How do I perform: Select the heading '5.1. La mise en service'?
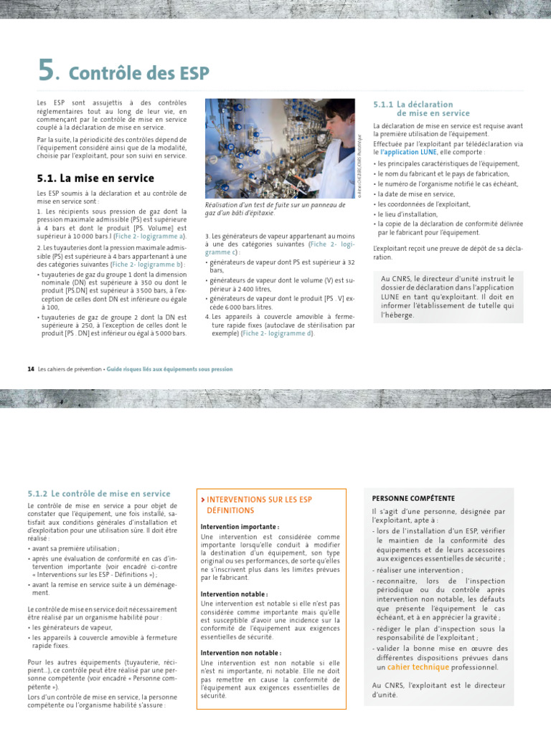(x=95, y=178)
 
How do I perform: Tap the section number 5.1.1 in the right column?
(x=386, y=105)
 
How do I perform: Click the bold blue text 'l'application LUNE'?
(x=408, y=153)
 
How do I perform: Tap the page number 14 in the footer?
(x=31, y=369)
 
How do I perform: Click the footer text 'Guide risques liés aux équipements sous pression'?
(x=169, y=369)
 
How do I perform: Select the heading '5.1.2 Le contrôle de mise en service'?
(x=98, y=494)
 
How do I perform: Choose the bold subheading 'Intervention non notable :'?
(x=240, y=653)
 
